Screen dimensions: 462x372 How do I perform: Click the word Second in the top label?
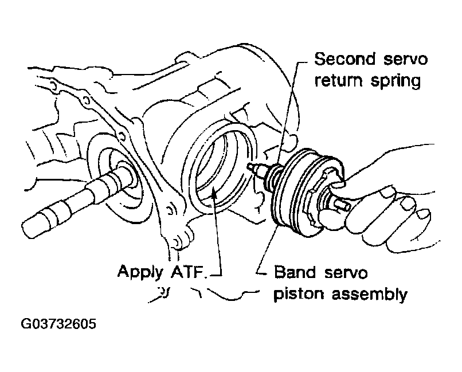pyautogui.click(x=345, y=59)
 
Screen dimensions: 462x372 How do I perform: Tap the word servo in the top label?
pyautogui.click(x=406, y=59)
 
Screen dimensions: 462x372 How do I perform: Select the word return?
pyautogui.click(x=338, y=80)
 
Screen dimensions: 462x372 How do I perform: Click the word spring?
pyautogui.click(x=396, y=81)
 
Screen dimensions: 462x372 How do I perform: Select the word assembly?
pyautogui.click(x=370, y=294)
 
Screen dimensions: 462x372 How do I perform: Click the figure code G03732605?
pyautogui.click(x=58, y=324)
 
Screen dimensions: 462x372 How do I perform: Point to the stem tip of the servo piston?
pyautogui.click(x=250, y=167)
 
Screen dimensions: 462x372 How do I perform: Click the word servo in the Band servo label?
pyautogui.click(x=346, y=272)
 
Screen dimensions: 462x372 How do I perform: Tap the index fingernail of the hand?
pyautogui.click(x=387, y=193)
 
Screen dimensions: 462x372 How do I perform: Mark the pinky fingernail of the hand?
pyautogui.click(x=424, y=214)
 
